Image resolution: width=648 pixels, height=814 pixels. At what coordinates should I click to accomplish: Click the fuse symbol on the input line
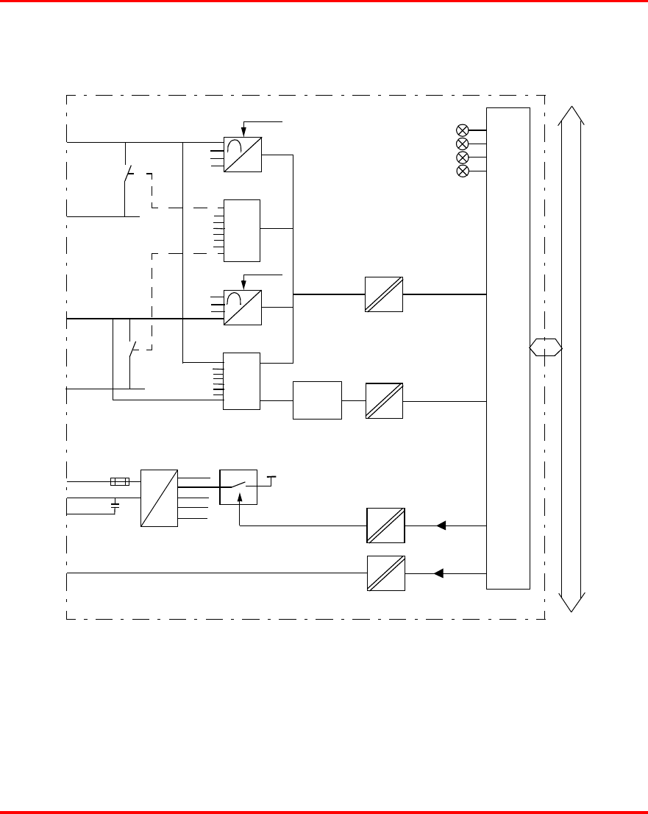(x=119, y=482)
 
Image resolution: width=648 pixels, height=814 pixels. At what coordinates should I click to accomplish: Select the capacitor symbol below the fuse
(x=115, y=506)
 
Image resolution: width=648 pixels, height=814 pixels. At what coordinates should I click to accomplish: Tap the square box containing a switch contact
(x=238, y=486)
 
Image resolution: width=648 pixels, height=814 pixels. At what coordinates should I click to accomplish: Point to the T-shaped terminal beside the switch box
(x=271, y=478)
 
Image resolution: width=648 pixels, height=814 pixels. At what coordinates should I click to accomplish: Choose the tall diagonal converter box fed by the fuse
(x=159, y=498)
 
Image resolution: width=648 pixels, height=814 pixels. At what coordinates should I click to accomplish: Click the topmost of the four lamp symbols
(x=463, y=130)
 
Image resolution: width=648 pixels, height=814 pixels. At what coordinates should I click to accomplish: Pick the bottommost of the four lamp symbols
(x=463, y=171)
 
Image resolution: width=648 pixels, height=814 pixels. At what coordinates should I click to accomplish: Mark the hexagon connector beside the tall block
(x=546, y=347)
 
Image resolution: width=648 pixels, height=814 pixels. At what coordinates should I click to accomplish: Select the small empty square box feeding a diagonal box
(x=317, y=400)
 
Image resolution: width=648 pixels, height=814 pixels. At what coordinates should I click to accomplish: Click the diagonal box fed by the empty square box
(x=384, y=401)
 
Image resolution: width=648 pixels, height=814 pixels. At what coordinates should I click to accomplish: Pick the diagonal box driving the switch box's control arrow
(x=386, y=526)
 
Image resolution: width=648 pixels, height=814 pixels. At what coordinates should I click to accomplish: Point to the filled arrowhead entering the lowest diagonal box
(x=441, y=573)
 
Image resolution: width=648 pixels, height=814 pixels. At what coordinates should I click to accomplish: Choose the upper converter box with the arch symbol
(x=243, y=155)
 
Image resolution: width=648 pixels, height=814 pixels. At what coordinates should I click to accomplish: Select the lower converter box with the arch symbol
(x=243, y=307)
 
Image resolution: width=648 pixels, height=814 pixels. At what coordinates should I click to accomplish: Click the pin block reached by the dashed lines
(x=242, y=230)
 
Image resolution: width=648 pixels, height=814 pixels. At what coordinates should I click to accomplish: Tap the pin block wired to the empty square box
(x=242, y=381)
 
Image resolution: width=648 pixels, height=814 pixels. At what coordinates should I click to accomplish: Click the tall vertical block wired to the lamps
(x=508, y=348)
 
